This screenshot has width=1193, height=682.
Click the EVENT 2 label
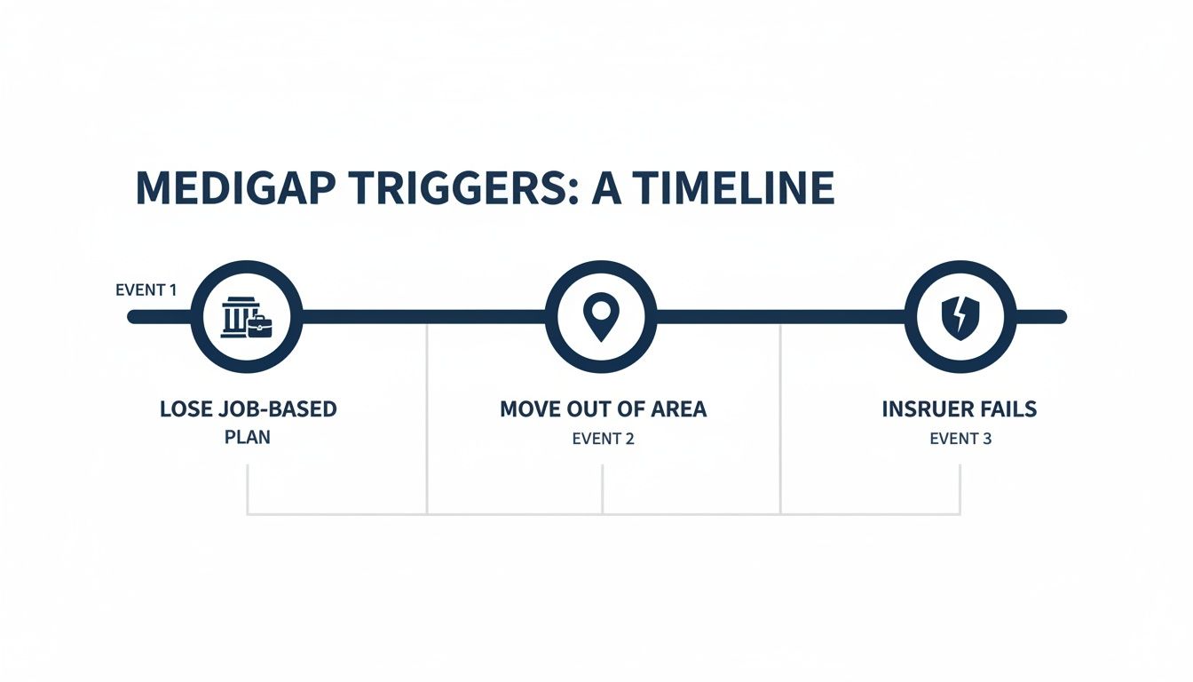point(604,438)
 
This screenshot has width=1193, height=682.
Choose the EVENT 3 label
point(960,438)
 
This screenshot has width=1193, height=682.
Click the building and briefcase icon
point(247,317)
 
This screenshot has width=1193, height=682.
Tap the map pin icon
point(601,317)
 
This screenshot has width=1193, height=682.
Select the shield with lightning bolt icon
point(959,317)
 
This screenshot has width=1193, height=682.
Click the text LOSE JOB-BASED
point(249,409)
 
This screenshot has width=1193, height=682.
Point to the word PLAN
point(248,437)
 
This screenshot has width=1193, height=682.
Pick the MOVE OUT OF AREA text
point(604,409)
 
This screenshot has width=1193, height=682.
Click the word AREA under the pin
point(679,409)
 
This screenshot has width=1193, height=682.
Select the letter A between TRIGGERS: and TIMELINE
point(606,189)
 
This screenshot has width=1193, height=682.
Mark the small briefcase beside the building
point(260,326)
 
